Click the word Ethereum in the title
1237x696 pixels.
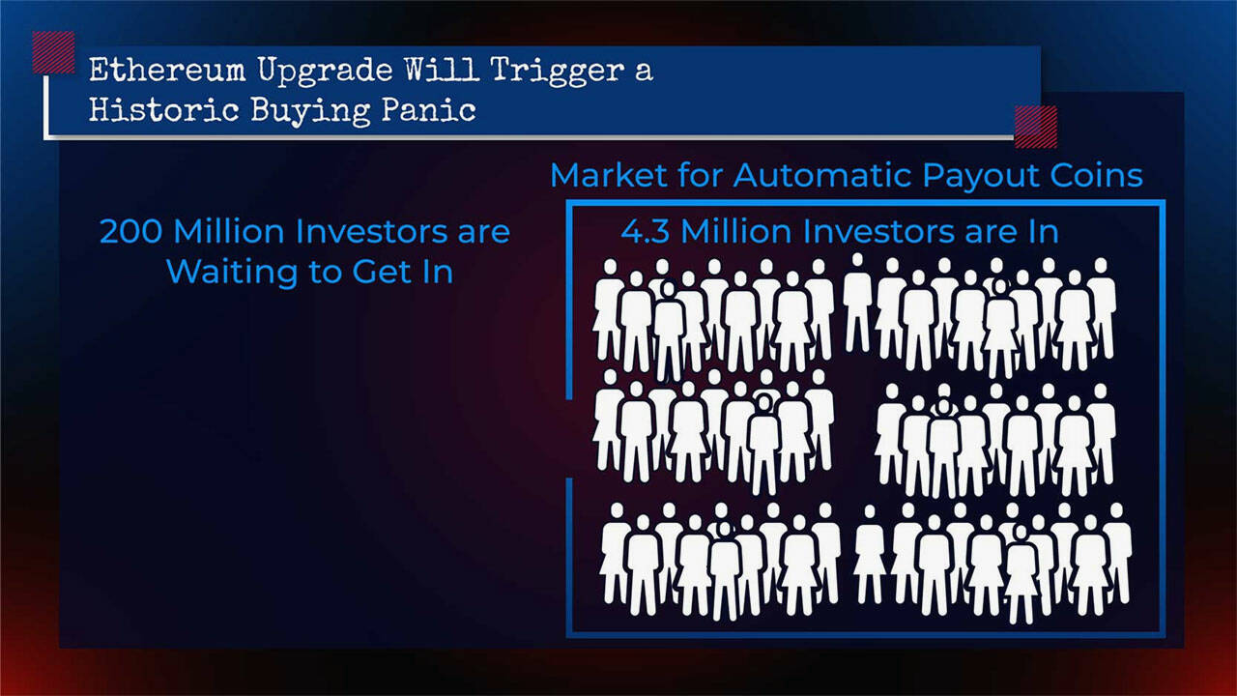coord(166,71)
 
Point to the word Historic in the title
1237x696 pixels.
coord(163,109)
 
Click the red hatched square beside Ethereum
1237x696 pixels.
coord(53,52)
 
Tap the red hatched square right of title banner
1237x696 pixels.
coord(1036,127)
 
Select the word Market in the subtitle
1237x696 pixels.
coord(609,176)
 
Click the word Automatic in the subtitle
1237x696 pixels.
coord(822,176)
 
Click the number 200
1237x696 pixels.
coord(130,231)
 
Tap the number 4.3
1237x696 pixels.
coord(645,231)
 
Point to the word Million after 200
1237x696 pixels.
coord(229,231)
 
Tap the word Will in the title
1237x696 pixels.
coord(441,71)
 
